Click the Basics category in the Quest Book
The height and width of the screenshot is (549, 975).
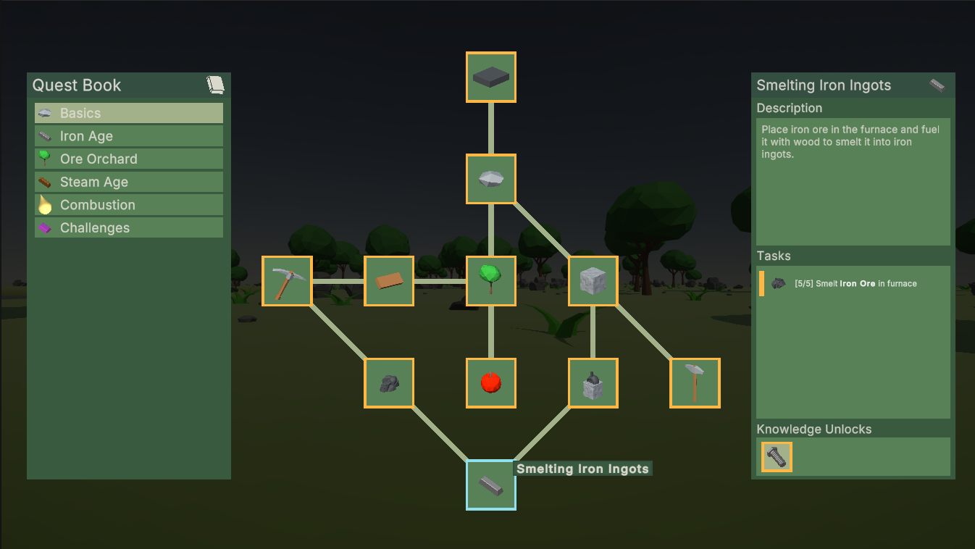(129, 113)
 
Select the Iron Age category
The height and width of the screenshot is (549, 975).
(129, 136)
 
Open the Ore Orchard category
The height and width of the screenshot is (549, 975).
(129, 159)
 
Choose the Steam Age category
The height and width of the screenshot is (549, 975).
(129, 182)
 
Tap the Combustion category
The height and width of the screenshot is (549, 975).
(129, 205)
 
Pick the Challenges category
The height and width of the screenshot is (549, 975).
(129, 227)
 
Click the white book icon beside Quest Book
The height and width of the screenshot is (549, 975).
(215, 85)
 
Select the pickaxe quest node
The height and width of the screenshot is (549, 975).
(287, 281)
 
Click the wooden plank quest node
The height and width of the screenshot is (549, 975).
(389, 281)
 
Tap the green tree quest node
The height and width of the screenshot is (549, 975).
(491, 281)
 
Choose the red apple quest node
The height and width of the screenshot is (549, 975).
(491, 383)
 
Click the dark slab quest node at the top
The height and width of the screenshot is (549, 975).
(491, 77)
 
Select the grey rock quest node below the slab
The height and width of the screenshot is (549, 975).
(491, 179)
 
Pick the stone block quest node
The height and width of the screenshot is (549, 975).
(593, 281)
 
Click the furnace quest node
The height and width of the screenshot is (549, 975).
(593, 383)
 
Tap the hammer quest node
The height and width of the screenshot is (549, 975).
(695, 383)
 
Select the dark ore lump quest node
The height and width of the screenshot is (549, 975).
(389, 383)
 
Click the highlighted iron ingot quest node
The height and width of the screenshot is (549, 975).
(491, 485)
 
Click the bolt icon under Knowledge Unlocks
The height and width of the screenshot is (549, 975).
(777, 457)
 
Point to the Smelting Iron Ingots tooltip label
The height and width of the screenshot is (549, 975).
(582, 469)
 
